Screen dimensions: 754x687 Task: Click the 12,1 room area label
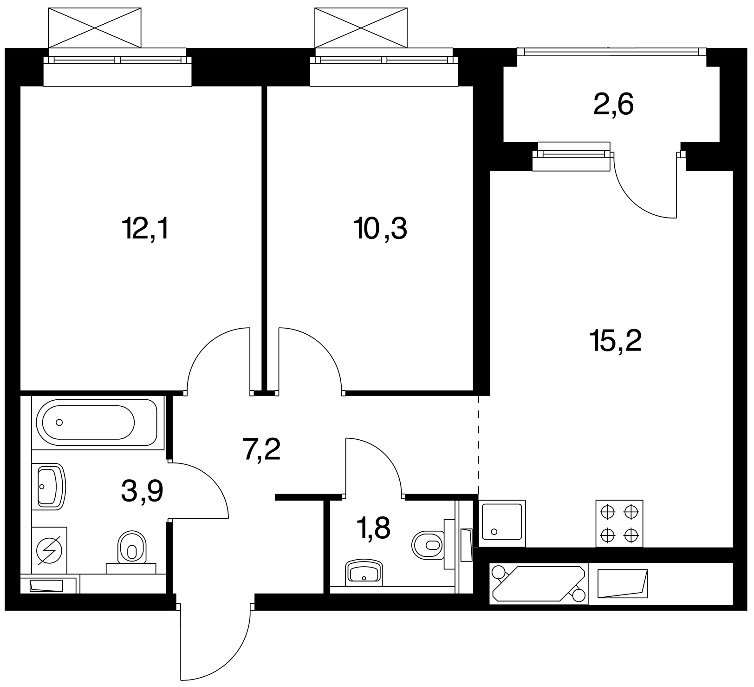tap(144, 229)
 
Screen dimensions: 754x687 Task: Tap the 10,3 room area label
tap(380, 229)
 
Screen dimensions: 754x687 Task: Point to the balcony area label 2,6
tap(613, 106)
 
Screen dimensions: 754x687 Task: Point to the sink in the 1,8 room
tap(364, 573)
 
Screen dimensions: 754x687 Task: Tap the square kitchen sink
tap(502, 522)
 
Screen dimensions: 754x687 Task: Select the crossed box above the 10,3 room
tap(361, 27)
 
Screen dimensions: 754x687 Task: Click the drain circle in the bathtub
tap(59, 423)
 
